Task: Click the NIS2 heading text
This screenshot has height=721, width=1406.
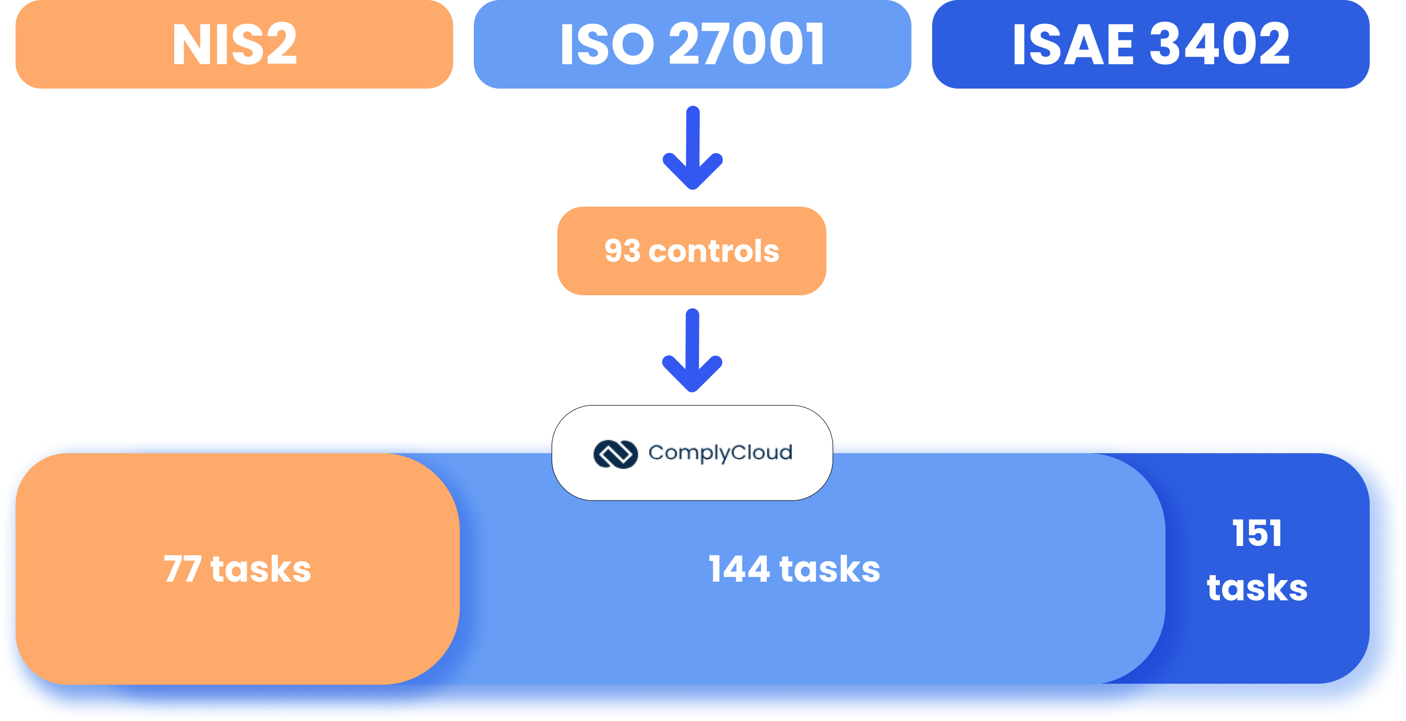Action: [x=234, y=44]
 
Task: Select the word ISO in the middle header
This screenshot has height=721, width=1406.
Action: [x=607, y=44]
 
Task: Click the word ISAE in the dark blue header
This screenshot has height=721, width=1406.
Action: [x=1073, y=44]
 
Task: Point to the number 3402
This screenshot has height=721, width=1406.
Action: [x=1220, y=44]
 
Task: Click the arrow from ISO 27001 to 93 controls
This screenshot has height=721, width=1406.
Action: [x=693, y=148]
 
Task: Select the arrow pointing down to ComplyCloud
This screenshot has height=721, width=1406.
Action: [x=693, y=351]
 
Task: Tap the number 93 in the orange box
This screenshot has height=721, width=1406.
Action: [x=622, y=251]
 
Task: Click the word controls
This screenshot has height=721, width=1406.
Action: [x=714, y=251]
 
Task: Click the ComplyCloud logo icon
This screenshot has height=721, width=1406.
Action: [x=615, y=454]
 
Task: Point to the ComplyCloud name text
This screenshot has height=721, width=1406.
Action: [x=720, y=453]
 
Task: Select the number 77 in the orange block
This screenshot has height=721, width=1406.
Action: [x=182, y=569]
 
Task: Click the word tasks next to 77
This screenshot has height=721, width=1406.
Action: [x=261, y=569]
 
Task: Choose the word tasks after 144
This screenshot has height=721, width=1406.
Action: [x=829, y=569]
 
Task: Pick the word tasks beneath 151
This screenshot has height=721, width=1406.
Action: [x=1257, y=588]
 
